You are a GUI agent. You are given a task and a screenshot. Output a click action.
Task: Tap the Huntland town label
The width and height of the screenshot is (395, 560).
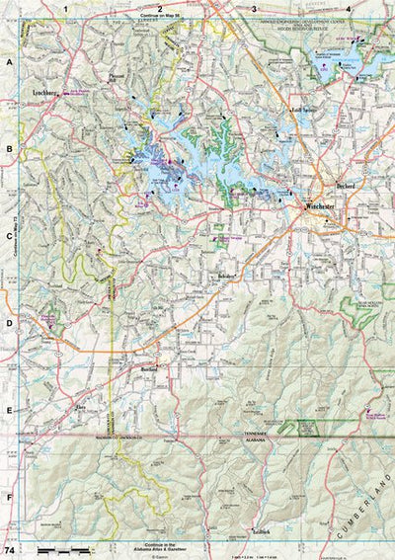click(149, 368)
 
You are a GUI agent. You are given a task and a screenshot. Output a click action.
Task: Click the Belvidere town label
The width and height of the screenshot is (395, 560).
click(228, 276)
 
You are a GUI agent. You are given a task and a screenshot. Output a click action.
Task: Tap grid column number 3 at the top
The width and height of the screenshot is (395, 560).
click(254, 8)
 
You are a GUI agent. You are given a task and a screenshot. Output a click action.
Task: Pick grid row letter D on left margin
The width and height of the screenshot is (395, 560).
click(8, 323)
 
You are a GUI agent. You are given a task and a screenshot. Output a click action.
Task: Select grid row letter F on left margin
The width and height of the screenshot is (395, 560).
click(8, 498)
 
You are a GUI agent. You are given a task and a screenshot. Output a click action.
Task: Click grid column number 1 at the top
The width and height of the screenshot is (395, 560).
click(66, 8)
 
